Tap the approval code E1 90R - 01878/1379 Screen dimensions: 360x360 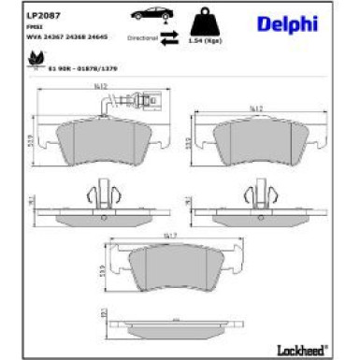70,67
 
